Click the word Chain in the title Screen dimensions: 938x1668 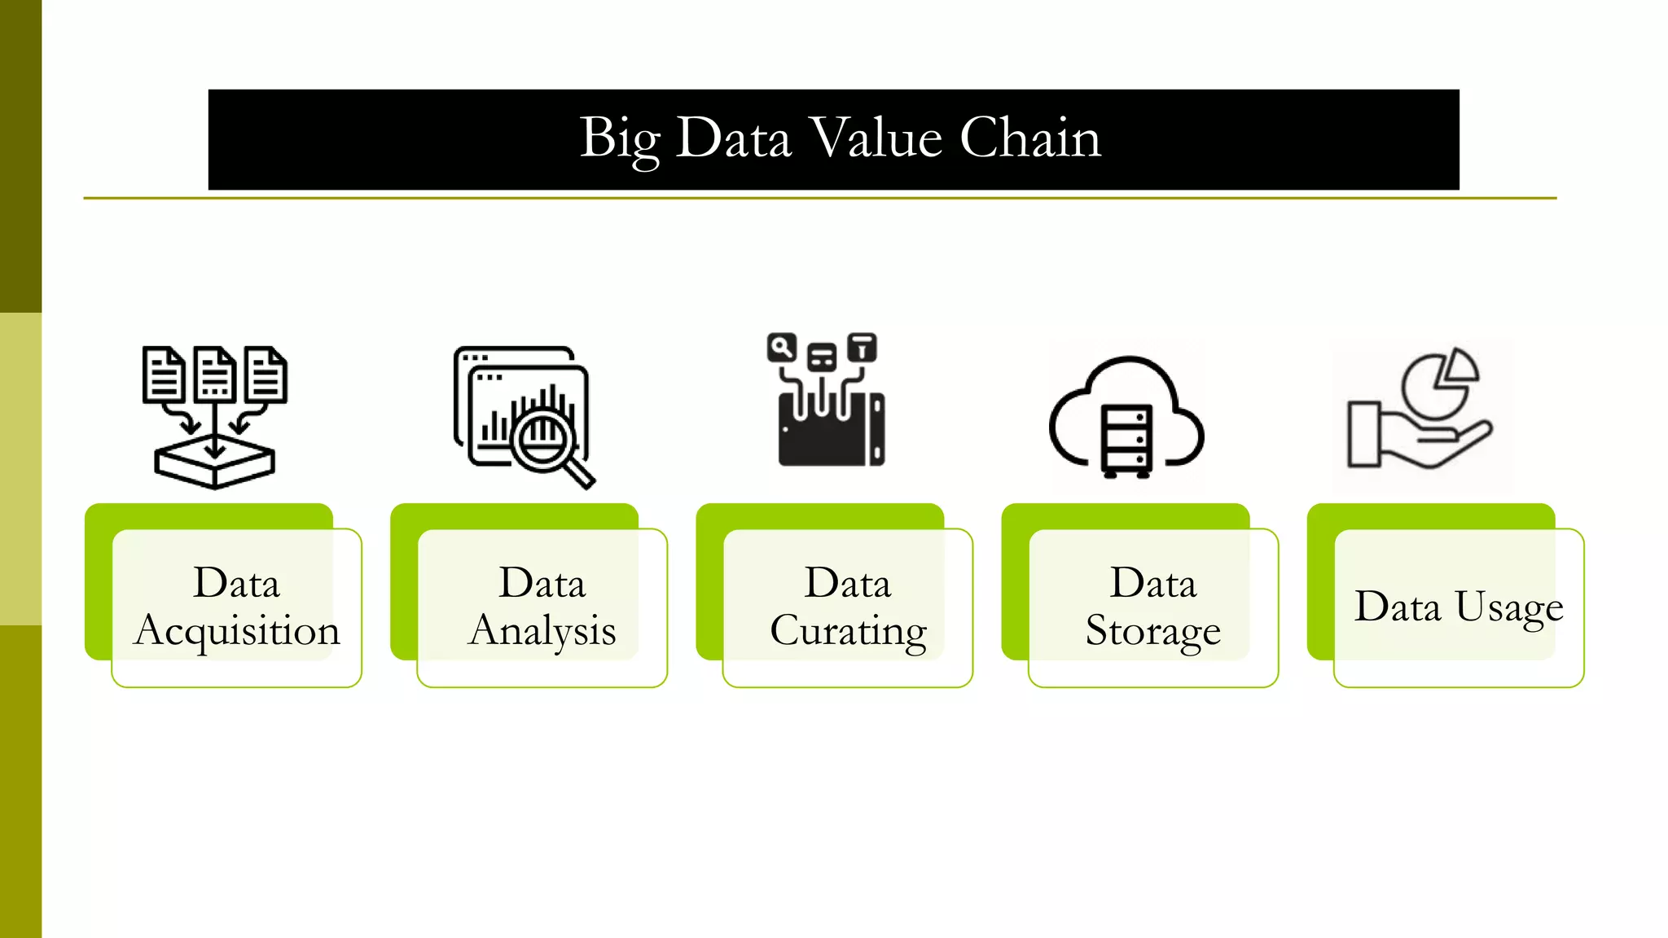click(x=1029, y=138)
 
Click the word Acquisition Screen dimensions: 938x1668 click(x=237, y=632)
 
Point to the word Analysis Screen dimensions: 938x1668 click(x=542, y=632)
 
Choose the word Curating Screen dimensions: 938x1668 click(x=848, y=632)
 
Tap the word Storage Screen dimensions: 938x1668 click(x=1152, y=632)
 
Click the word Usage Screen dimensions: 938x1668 click(x=1508, y=607)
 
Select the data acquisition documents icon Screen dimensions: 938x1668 click(x=214, y=416)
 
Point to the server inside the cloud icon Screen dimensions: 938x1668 click(x=1126, y=440)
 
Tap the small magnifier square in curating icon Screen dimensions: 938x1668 click(x=781, y=348)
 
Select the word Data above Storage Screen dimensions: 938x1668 click(x=1152, y=584)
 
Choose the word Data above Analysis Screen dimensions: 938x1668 click(x=542, y=584)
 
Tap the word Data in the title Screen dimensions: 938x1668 click(x=733, y=138)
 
